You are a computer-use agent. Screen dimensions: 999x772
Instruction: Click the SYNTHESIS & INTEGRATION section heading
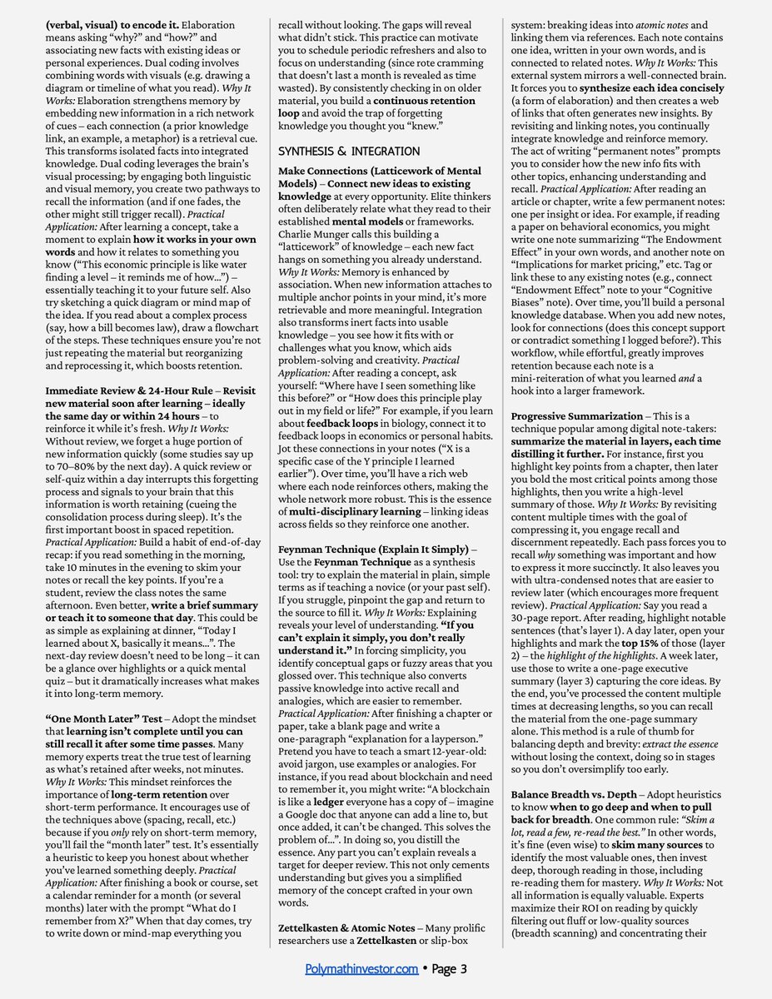(349, 152)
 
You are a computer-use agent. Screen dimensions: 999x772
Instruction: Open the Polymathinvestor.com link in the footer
(361, 968)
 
